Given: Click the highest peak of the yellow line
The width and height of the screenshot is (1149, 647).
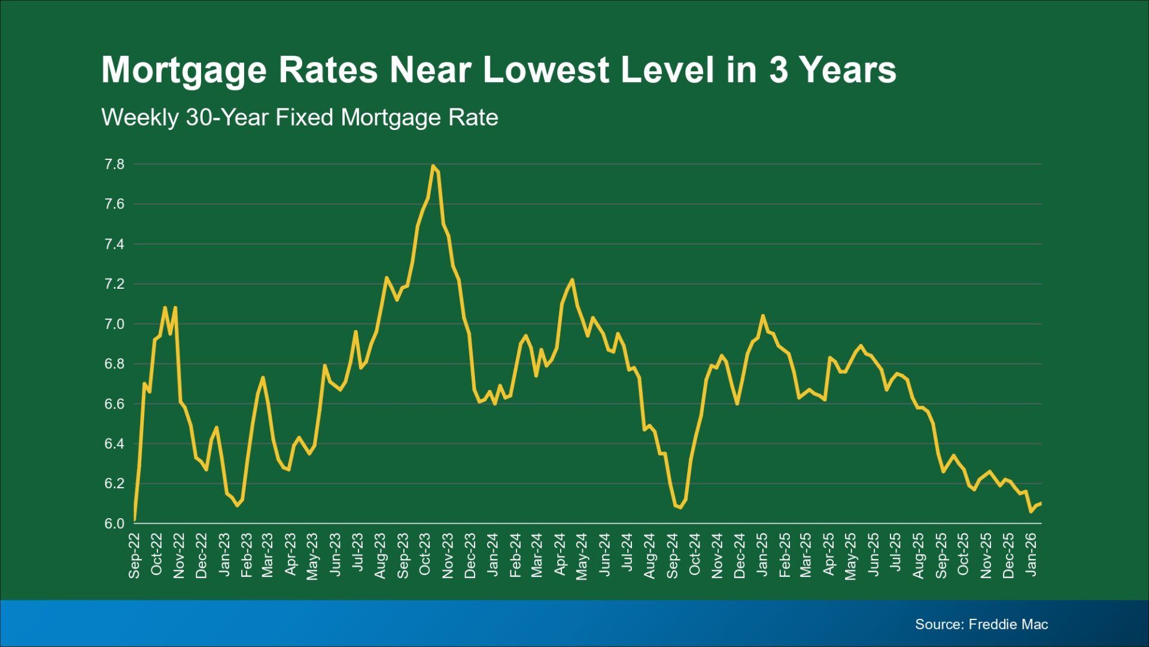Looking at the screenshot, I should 433,166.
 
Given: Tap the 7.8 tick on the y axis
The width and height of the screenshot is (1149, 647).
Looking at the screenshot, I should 114,164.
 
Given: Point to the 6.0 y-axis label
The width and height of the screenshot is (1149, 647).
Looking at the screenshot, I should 114,524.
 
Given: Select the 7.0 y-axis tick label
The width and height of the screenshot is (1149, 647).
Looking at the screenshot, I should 114,324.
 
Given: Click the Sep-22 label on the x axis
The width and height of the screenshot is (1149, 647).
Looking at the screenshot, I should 134,556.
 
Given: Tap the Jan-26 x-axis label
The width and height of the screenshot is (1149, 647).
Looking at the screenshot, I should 1031,555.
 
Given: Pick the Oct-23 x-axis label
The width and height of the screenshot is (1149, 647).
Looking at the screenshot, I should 425,555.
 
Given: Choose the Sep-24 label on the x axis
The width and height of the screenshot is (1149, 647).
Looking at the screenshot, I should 672,556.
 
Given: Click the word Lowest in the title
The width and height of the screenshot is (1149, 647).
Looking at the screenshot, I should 546,69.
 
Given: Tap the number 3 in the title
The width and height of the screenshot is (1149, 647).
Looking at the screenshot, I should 778,69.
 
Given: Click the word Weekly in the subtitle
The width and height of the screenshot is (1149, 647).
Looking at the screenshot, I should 139,117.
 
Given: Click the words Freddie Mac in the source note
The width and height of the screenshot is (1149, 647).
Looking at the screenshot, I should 1008,624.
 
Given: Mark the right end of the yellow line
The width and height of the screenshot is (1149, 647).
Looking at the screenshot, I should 1041,503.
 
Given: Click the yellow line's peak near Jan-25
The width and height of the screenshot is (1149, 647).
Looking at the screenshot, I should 762,316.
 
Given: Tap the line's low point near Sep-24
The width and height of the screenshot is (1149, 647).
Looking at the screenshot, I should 680,507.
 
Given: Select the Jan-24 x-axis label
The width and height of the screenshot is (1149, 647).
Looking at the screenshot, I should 493,555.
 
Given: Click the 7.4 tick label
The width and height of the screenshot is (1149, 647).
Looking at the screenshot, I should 114,244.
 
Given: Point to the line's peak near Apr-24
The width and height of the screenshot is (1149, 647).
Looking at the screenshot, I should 572,280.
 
